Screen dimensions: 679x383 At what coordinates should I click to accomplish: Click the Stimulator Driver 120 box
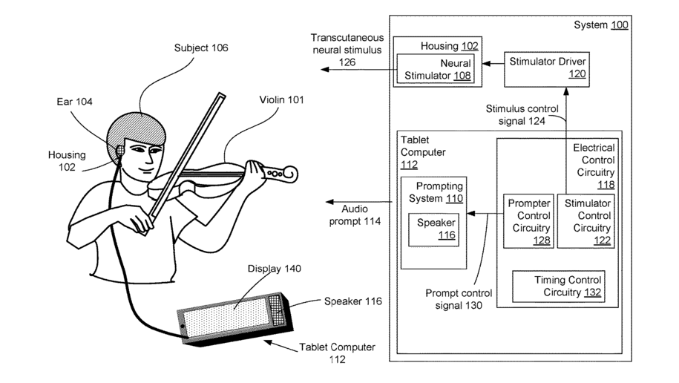point(546,70)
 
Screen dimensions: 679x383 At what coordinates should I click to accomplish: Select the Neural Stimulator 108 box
point(436,69)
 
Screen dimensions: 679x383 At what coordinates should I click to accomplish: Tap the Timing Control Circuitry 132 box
point(559,287)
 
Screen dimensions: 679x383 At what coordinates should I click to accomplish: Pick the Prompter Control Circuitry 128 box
point(529,221)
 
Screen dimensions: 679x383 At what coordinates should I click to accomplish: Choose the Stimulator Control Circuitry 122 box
point(586,221)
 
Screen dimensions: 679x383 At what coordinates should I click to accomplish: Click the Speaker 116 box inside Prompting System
point(433,229)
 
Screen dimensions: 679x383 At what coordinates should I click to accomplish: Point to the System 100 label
point(601,25)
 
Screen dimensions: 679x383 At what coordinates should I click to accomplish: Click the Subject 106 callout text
point(201,48)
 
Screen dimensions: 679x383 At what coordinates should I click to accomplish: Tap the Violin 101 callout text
point(281,100)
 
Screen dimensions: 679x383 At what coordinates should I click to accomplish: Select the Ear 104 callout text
point(74,102)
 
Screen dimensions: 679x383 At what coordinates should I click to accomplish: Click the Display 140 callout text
point(274,269)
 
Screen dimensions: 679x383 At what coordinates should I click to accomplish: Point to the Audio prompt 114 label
point(355,215)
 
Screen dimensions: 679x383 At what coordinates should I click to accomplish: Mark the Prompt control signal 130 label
point(459,299)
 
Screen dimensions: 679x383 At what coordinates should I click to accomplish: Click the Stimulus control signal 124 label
point(522,115)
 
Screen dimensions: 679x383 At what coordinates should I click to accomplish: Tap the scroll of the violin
point(289,174)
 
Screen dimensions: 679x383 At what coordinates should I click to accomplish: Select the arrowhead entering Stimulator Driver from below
point(566,91)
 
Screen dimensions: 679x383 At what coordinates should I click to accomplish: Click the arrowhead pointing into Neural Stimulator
point(486,64)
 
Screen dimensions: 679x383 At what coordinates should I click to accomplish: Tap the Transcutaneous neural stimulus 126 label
point(347,50)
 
